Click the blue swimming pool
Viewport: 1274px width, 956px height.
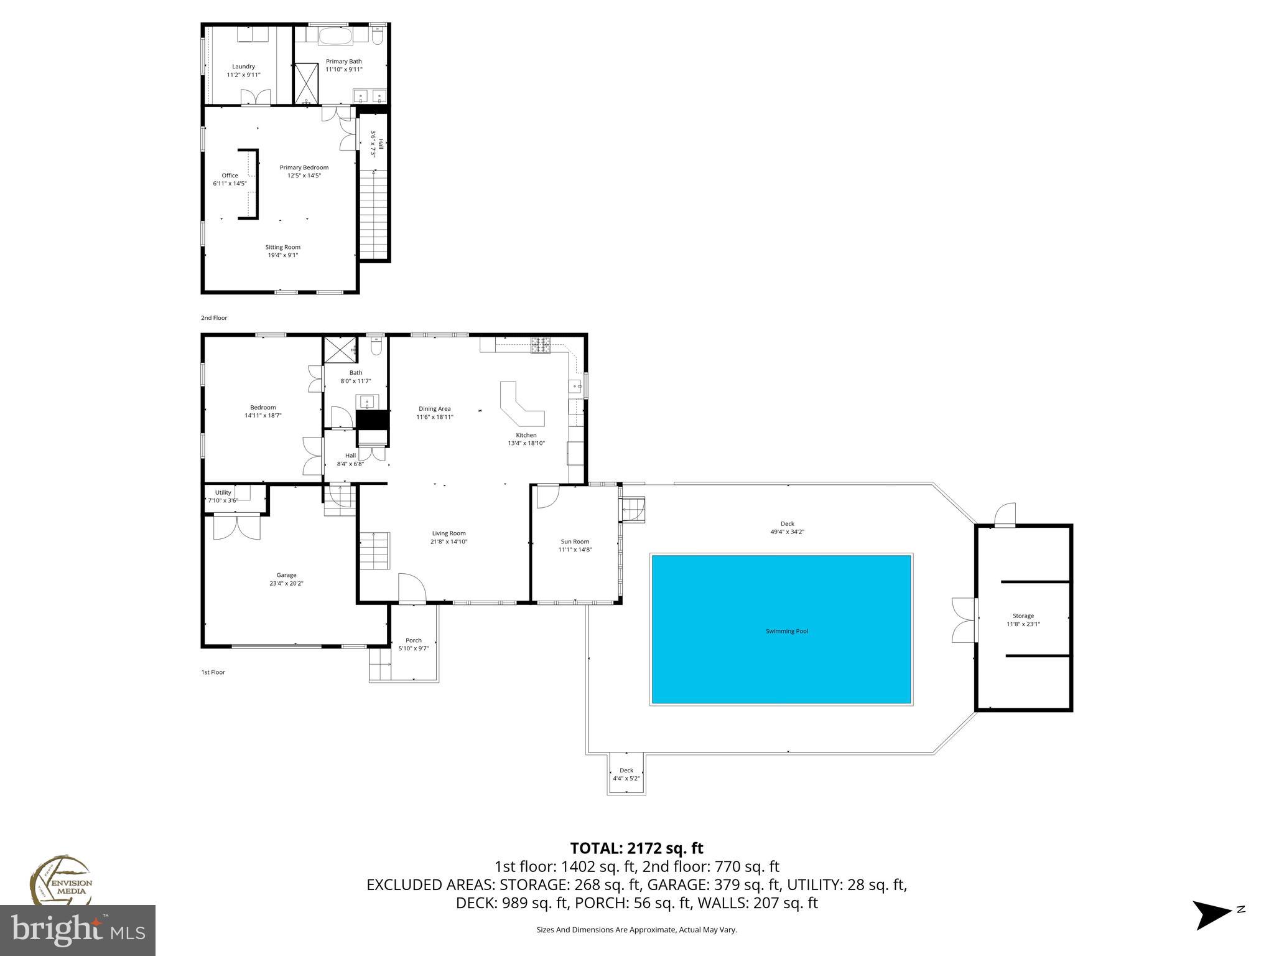click(x=781, y=629)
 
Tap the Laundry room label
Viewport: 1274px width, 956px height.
click(x=243, y=67)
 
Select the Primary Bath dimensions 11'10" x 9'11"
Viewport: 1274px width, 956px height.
click(x=343, y=70)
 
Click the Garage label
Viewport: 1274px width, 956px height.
click(x=286, y=575)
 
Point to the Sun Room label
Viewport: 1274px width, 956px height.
click(x=574, y=541)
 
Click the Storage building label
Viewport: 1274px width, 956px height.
click(x=1023, y=616)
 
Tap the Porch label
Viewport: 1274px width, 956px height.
click(x=413, y=640)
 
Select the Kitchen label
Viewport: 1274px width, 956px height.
click(x=526, y=435)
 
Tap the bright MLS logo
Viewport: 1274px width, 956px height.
click(x=77, y=930)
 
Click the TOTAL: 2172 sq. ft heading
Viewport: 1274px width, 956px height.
click(x=636, y=848)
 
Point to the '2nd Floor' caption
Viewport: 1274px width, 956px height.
click(x=214, y=318)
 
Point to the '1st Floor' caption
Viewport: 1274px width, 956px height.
click(x=213, y=672)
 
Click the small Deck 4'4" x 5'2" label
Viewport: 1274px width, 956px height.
click(x=626, y=774)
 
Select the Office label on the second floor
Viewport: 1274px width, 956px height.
click(x=230, y=176)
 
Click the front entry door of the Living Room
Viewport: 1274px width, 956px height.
click(x=411, y=590)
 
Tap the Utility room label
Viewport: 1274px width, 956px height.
click(x=223, y=492)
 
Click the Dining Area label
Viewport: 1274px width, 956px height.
click(x=434, y=409)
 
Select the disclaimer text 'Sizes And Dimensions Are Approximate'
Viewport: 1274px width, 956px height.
click(x=636, y=930)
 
